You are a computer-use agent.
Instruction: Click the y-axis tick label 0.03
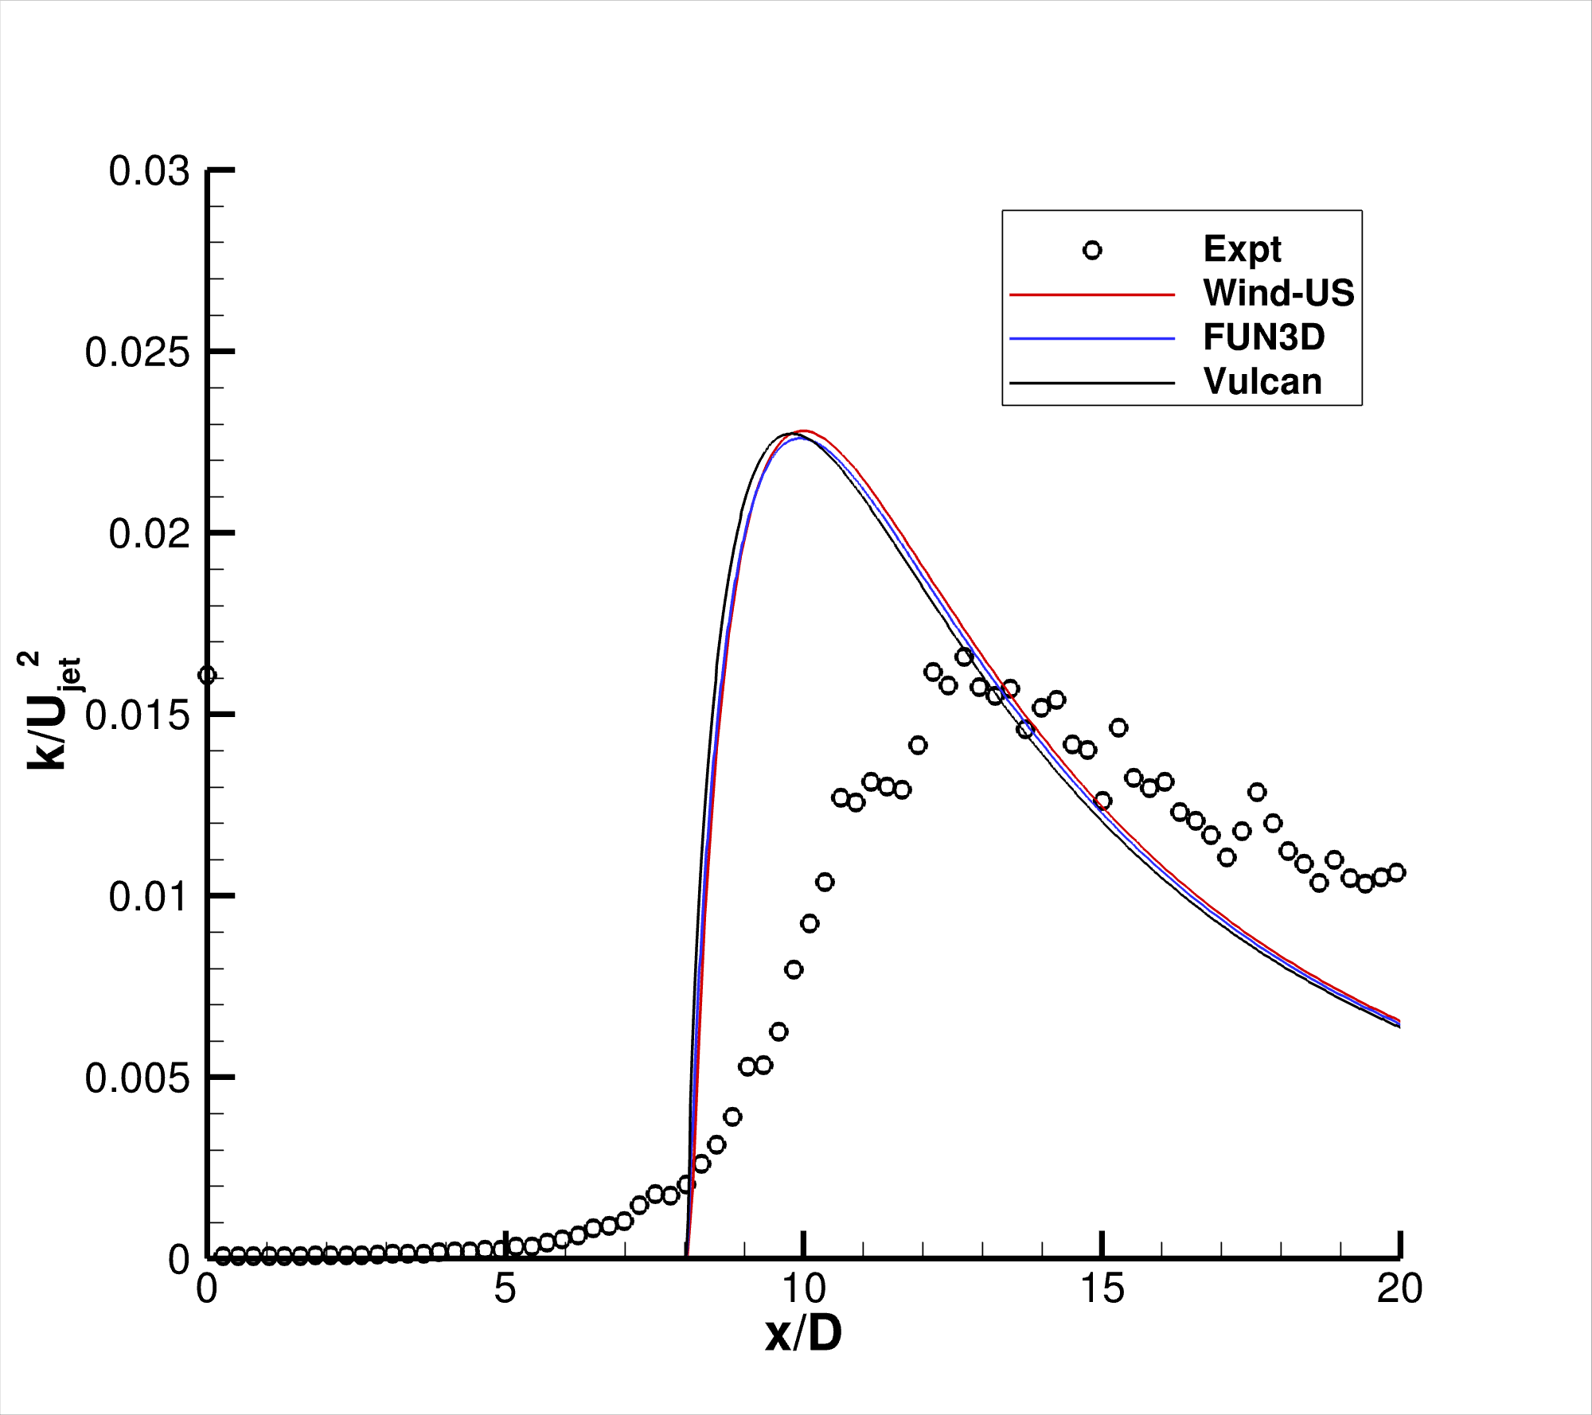tap(149, 171)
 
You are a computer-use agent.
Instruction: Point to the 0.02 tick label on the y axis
tap(149, 533)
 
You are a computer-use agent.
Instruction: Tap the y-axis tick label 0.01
tap(149, 897)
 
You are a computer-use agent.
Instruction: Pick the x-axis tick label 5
tap(505, 1288)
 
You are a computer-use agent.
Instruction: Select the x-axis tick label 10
tap(804, 1288)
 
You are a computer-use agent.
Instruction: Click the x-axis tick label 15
tap(1102, 1288)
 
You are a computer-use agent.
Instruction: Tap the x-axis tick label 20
tap(1399, 1288)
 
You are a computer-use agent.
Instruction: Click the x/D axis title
tap(803, 1334)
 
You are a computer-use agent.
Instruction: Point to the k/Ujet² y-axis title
tap(49, 710)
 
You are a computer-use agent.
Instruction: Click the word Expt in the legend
tap(1242, 249)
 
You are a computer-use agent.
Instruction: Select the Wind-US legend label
tap(1278, 293)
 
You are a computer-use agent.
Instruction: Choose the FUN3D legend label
tap(1263, 337)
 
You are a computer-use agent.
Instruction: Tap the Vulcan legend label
tap(1262, 381)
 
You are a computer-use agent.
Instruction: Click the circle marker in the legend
tap(1092, 251)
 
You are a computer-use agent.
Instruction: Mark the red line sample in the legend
tap(1092, 294)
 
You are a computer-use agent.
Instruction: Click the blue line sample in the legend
tap(1092, 339)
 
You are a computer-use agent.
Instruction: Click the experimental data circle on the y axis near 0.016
tap(207, 676)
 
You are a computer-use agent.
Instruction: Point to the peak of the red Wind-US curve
tap(804, 431)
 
